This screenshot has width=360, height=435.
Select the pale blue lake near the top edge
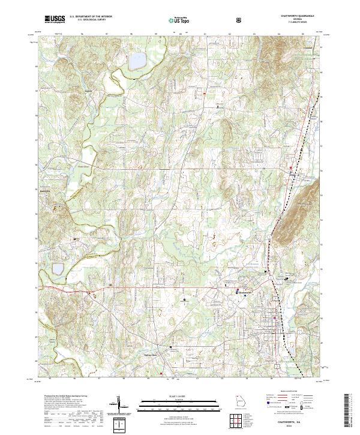tap(137, 61)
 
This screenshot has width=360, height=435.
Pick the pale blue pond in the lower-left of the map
tap(58, 268)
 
